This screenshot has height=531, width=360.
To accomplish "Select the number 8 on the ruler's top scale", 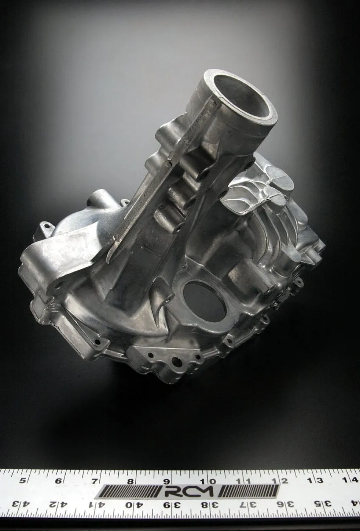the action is (130, 481).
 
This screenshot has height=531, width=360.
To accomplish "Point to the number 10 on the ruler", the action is (211, 481).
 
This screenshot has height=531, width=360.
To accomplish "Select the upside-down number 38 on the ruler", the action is (206, 504).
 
